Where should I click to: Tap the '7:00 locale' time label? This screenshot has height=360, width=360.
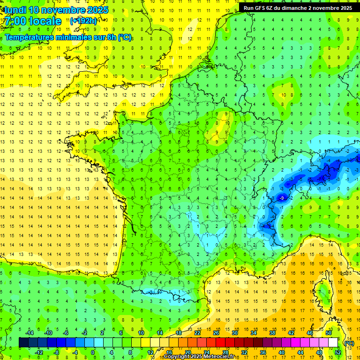point(32,21)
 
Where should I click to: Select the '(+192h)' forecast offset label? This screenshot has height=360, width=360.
point(83,21)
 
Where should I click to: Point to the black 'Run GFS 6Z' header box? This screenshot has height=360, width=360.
point(298,8)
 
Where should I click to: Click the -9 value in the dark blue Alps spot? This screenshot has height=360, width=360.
point(282,198)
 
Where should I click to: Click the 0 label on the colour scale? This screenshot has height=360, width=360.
point(93,352)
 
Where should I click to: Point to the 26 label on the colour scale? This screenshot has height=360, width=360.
point(216,333)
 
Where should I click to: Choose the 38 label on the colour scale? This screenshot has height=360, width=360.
point(272,333)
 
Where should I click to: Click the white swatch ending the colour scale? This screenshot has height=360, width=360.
point(333,342)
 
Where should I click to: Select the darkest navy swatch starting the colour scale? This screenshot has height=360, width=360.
point(23,342)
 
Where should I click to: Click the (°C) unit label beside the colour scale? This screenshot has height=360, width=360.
point(349,343)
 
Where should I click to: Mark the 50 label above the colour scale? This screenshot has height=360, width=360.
point(328,333)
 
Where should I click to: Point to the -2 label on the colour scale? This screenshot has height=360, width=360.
point(84,333)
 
